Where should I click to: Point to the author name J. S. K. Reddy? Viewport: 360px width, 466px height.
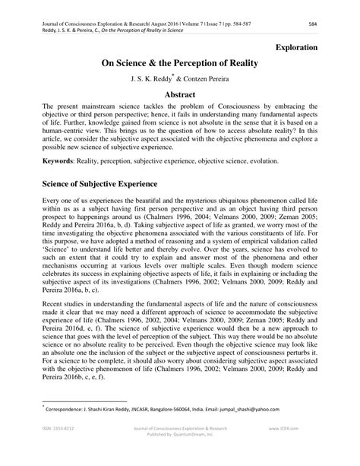152,79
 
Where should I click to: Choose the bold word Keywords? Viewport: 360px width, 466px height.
41,161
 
